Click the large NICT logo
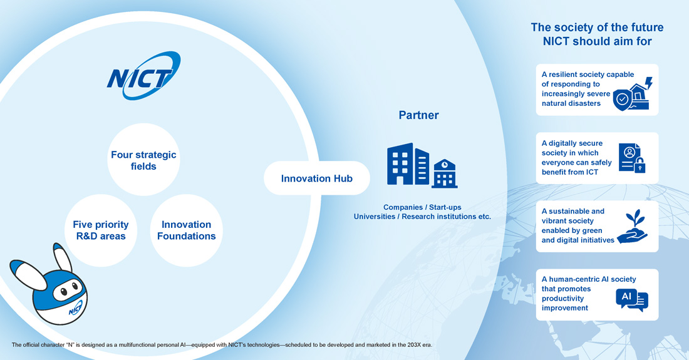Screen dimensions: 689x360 [143, 76]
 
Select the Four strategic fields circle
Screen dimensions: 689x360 [143, 160]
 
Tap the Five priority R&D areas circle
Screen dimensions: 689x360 [101, 230]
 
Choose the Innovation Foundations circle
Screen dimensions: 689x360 [186, 230]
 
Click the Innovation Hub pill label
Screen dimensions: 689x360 [317, 178]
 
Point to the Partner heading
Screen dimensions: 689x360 [418, 115]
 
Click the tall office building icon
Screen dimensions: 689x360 [408, 164]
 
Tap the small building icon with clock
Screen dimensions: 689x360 [445, 173]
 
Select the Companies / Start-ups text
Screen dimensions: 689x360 [422, 207]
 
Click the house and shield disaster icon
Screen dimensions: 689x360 [633, 94]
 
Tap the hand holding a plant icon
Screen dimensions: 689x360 [633, 227]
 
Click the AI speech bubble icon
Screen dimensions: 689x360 [632, 301]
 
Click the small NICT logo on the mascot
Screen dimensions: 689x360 [75, 309]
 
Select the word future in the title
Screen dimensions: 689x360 [645, 27]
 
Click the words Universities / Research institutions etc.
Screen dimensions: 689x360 [422, 217]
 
